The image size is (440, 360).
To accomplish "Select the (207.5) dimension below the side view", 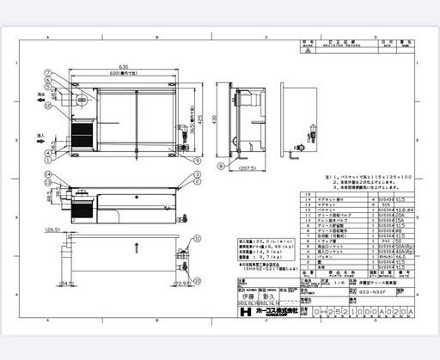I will [244, 168].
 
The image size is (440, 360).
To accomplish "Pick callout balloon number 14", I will [50, 175].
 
